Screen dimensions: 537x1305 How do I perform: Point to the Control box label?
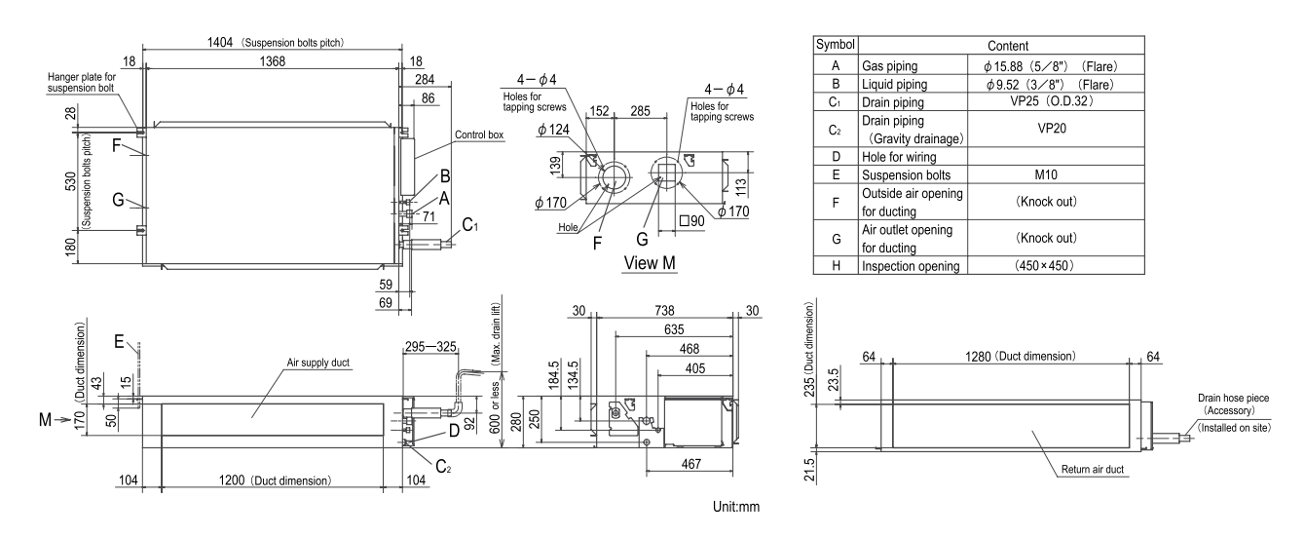(479, 135)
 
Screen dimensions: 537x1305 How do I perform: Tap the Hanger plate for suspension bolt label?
(86, 81)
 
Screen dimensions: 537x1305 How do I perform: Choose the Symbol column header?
(835, 45)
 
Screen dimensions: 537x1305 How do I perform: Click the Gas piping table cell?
(891, 65)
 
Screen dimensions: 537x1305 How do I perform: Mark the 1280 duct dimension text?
(1007, 357)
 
